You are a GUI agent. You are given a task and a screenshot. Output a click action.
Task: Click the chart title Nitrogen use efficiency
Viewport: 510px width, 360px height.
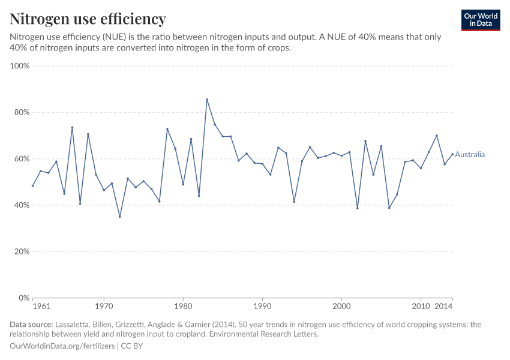pyautogui.click(x=88, y=19)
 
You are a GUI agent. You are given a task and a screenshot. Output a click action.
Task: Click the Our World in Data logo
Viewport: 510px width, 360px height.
pyautogui.click(x=480, y=20)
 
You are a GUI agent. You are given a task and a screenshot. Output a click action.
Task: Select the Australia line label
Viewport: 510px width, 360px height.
pyautogui.click(x=470, y=155)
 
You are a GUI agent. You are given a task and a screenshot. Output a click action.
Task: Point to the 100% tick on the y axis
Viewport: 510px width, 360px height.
pyautogui.click(x=20, y=66)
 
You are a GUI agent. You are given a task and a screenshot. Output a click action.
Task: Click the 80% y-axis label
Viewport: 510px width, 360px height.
pyautogui.click(x=22, y=112)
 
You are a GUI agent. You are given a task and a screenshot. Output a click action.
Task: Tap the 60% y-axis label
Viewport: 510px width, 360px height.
pyautogui.click(x=22, y=159)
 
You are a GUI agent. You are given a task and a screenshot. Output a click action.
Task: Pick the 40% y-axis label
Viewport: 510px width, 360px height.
pyautogui.click(x=22, y=205)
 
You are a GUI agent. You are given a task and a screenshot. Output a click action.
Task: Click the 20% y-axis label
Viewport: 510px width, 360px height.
pyautogui.click(x=22, y=251)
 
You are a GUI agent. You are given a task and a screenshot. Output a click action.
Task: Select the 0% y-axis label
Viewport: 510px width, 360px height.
pyautogui.click(x=24, y=298)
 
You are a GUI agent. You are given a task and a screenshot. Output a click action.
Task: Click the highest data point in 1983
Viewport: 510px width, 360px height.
pyautogui.click(x=207, y=100)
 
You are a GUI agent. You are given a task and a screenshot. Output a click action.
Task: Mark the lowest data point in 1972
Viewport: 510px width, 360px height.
pyautogui.click(x=120, y=217)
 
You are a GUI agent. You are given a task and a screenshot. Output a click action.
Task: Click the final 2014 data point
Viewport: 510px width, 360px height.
pyautogui.click(x=452, y=154)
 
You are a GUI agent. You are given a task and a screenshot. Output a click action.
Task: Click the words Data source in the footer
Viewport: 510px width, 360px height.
pyautogui.click(x=31, y=325)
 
